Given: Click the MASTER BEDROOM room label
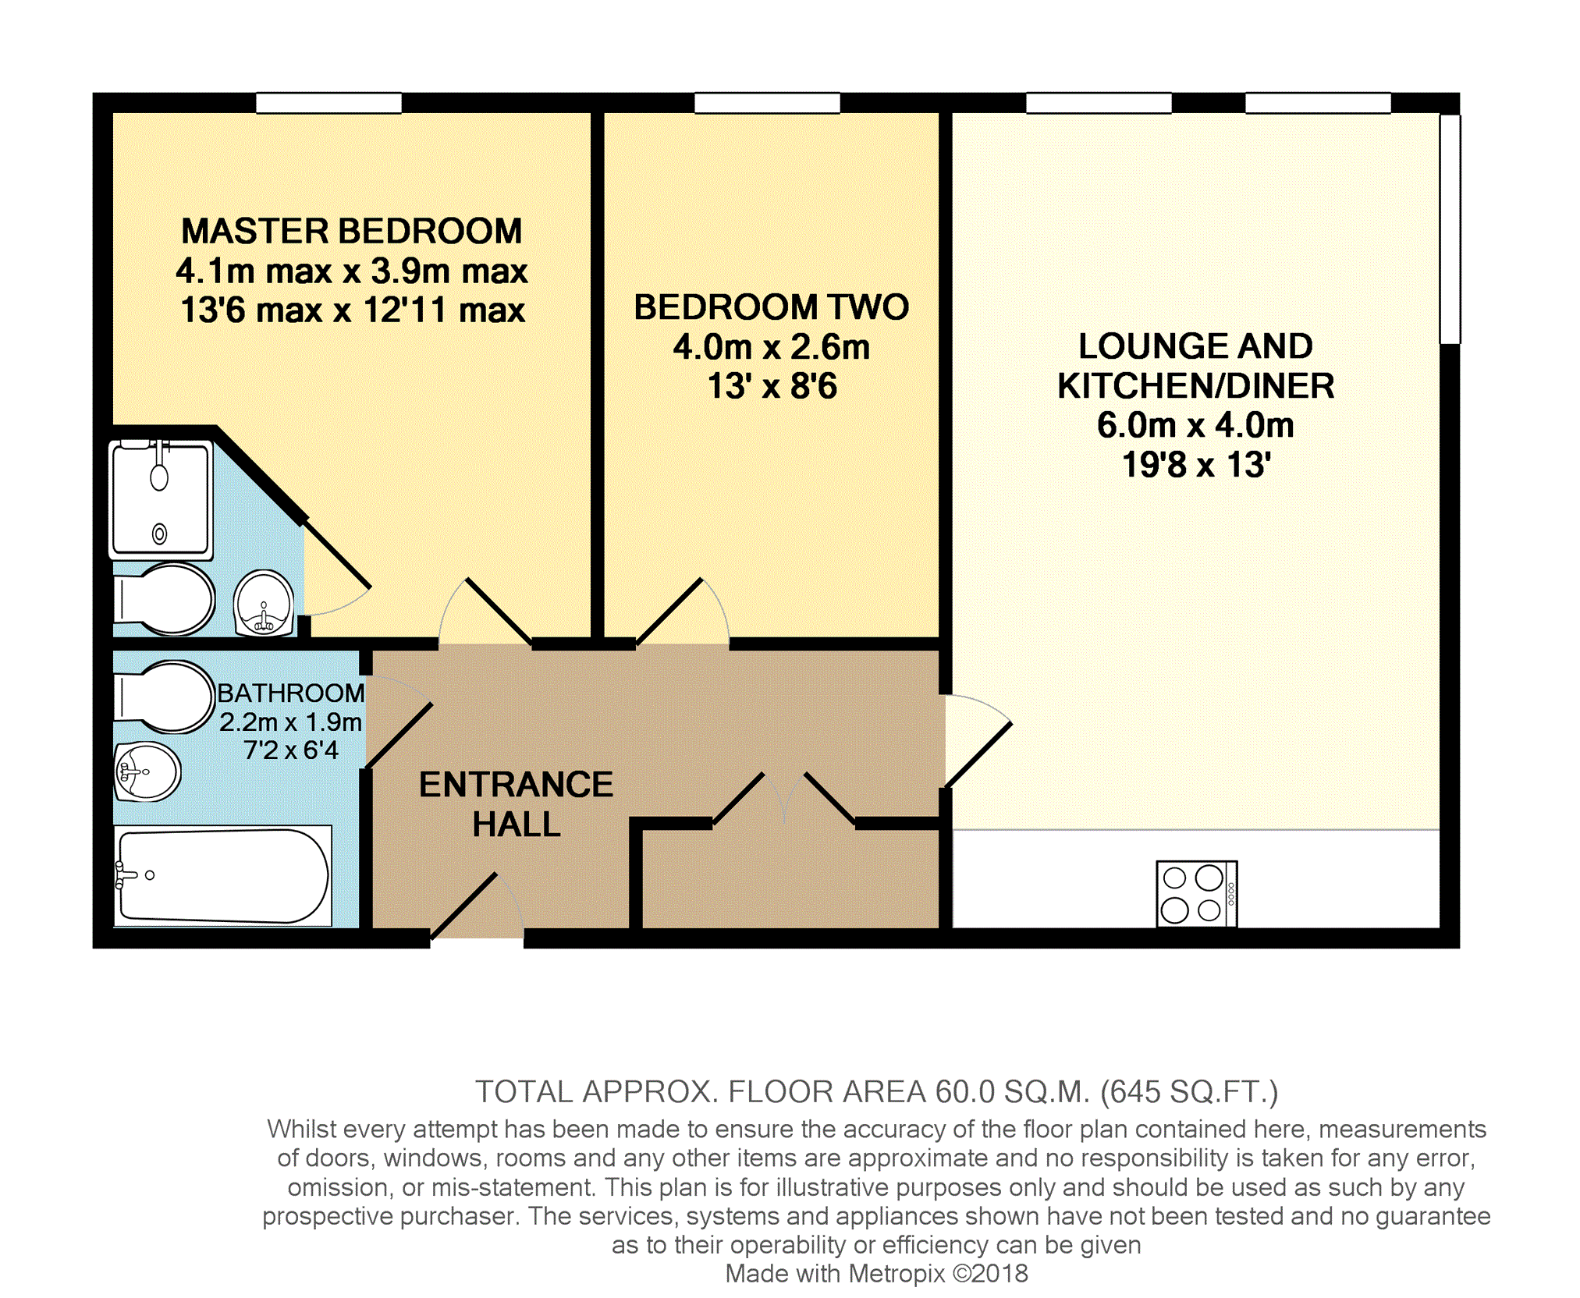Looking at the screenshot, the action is [x=352, y=231].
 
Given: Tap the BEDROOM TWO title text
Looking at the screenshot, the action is [x=771, y=307].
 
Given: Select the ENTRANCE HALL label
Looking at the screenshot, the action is [x=516, y=804].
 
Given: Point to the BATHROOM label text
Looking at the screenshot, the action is [x=290, y=693].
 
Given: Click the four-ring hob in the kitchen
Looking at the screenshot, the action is [x=1196, y=893].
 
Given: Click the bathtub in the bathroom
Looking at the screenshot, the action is [x=223, y=876].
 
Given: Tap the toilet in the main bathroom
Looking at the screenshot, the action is [x=164, y=697].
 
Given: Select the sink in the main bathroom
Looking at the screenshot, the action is [x=147, y=771].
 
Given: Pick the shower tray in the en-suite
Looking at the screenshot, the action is [x=161, y=499].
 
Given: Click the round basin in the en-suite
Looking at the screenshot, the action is [x=264, y=603].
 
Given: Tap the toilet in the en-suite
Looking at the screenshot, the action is [x=165, y=599].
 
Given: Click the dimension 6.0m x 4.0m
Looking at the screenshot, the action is [x=1195, y=425].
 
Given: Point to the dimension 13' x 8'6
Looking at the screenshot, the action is [x=772, y=386].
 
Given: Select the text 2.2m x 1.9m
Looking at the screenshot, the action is [x=290, y=722].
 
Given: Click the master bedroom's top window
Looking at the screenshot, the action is [x=328, y=103].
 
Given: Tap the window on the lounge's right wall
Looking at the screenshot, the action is [x=1450, y=229].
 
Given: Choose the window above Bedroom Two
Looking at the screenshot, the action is [x=767, y=103].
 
